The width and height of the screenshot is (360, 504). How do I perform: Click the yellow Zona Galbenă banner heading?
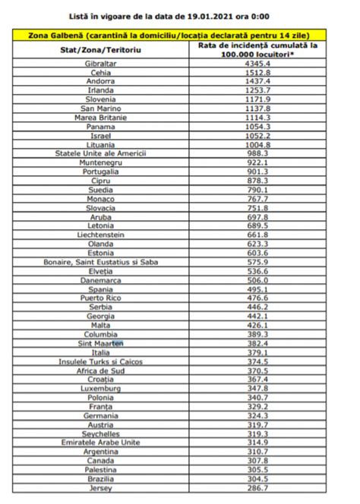click(x=180, y=35)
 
